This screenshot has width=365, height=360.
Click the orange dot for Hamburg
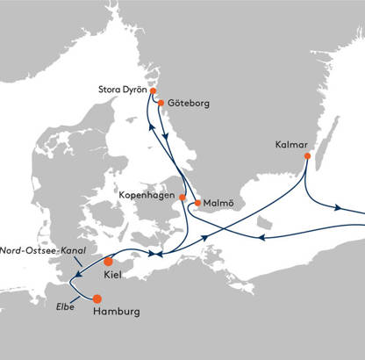click(x=97, y=299)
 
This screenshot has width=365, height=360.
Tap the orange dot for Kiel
click(x=108, y=262)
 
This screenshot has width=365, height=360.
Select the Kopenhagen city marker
click(x=182, y=198)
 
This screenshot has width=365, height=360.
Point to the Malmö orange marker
click(x=197, y=203)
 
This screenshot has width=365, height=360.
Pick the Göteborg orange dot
click(x=161, y=103)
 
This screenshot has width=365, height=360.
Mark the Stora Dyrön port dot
click(x=153, y=90)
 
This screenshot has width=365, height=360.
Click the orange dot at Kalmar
click(x=307, y=156)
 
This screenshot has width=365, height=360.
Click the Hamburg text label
click(x=117, y=312)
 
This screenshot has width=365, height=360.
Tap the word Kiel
click(x=112, y=275)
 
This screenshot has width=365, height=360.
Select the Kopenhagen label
click(x=147, y=196)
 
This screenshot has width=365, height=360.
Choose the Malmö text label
click(x=218, y=203)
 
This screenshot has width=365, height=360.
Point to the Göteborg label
click(x=189, y=104)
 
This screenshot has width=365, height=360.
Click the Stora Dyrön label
click(x=123, y=90)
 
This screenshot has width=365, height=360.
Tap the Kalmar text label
click(x=291, y=145)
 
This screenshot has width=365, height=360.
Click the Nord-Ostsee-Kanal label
click(x=43, y=250)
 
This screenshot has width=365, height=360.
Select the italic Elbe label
click(x=65, y=306)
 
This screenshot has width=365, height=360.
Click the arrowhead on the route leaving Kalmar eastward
click(x=338, y=208)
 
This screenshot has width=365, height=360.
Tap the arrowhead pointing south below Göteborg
click(x=166, y=136)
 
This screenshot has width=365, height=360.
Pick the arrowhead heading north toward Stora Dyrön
click(x=151, y=126)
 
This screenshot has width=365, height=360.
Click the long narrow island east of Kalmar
click(x=327, y=143)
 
